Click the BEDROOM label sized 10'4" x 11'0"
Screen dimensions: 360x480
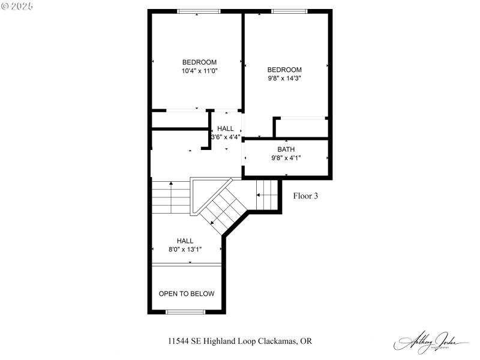pos(199,62)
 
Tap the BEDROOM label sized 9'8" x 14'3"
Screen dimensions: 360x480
pos(284,70)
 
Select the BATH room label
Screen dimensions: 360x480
pos(286,149)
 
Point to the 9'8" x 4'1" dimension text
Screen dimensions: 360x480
pos(286,158)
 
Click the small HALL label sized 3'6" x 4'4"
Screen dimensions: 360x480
pos(226,128)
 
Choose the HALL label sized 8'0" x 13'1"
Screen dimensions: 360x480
pos(185,241)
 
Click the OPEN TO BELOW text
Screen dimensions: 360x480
pos(186,293)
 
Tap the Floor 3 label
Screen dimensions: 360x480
pos(305,196)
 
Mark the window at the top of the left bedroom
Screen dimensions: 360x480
pos(199,11)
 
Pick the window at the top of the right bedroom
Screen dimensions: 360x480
pos(289,11)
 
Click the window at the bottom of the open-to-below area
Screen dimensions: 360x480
pos(185,312)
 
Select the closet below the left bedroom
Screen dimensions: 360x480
pos(179,119)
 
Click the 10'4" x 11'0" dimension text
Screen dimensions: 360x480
pos(199,70)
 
